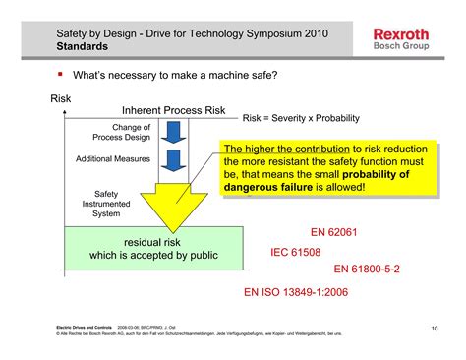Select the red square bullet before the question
click(x=60, y=75)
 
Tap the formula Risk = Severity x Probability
click(x=302, y=116)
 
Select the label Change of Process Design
click(x=131, y=133)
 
